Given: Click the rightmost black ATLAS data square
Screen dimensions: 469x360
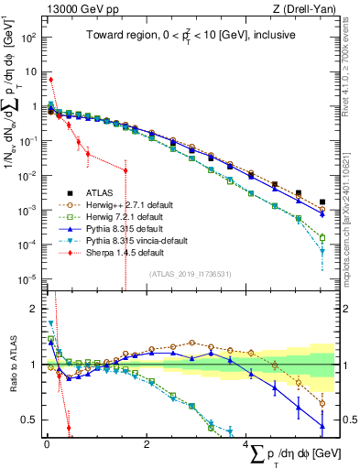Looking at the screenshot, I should (x=322, y=202).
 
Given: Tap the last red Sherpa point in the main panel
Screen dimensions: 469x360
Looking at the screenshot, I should (x=125, y=171).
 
